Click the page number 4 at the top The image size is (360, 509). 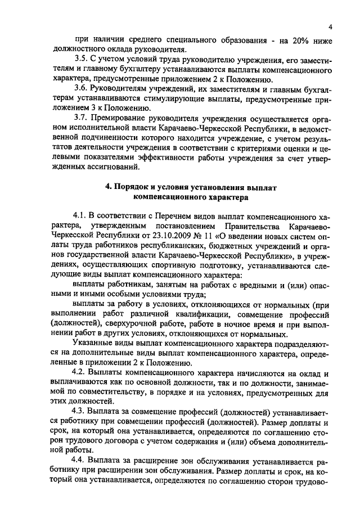(331, 26)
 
